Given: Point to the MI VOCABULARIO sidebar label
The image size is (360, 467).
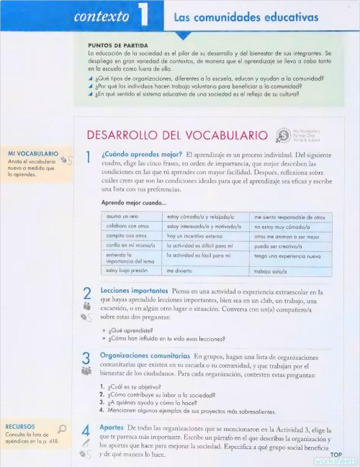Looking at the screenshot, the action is pos(32,153).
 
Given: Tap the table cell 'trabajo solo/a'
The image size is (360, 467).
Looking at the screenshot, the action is pos(271,272).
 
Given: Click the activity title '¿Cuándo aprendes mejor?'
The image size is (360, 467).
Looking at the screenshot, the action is pos(141,154).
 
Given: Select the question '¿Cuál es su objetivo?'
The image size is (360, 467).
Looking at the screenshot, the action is pos(130,386).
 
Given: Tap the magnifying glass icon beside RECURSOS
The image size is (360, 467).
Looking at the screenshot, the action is pos(62,430).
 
